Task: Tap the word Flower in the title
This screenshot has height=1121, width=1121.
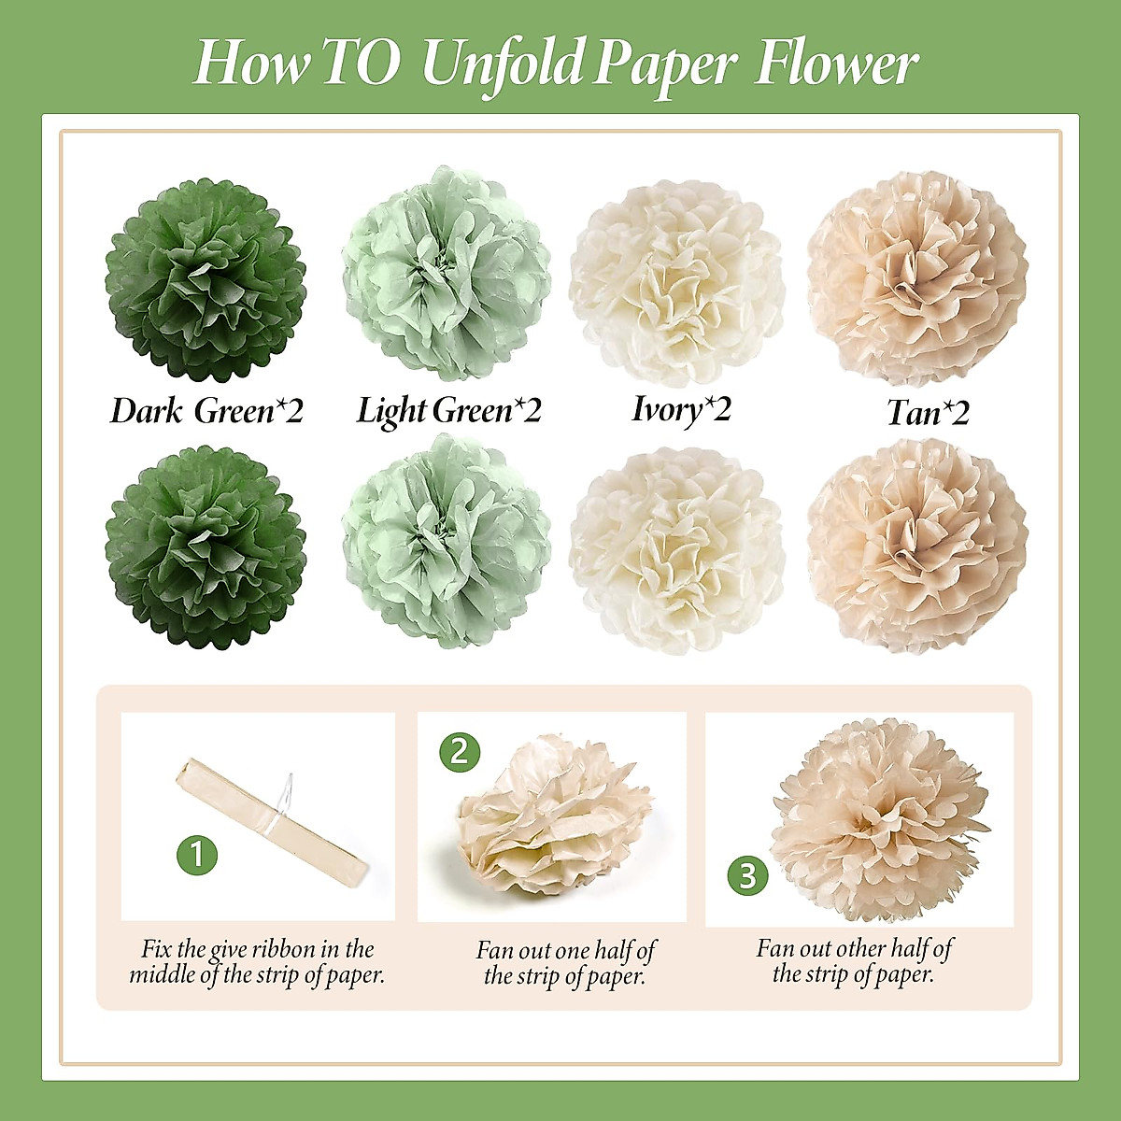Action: (836, 63)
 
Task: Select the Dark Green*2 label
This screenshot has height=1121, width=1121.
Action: (206, 411)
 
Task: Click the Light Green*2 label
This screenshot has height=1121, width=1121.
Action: (448, 411)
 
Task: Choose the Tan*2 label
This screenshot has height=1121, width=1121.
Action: (928, 413)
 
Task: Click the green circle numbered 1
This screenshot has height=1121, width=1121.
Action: (197, 854)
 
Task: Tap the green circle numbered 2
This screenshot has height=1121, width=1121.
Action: (459, 751)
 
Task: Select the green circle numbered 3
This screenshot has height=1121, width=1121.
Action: (747, 875)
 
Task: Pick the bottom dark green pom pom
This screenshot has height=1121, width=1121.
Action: (206, 546)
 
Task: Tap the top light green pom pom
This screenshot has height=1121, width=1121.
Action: (446, 274)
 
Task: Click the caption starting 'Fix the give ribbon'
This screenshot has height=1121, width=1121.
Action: (257, 962)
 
